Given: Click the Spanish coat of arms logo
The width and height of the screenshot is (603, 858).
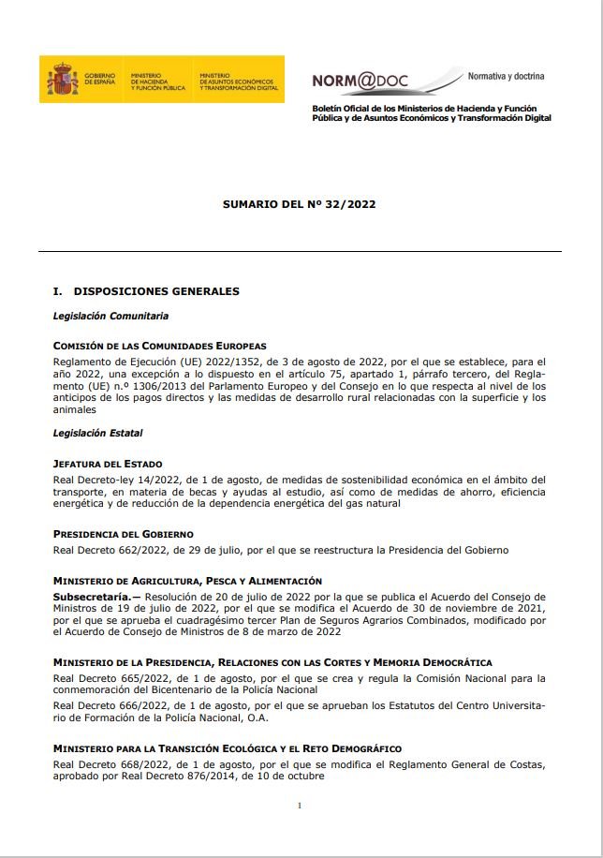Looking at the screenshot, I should [59, 80].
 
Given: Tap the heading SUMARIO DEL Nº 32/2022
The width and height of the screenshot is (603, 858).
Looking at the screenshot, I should [299, 202].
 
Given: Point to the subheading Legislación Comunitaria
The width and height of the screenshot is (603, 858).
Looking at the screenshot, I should [110, 317].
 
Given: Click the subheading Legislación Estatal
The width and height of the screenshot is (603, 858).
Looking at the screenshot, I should [97, 434].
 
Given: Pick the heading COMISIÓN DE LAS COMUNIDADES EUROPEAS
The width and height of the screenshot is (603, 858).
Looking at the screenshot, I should [159, 346].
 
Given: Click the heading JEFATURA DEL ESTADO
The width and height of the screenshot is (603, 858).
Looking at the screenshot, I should [108, 464].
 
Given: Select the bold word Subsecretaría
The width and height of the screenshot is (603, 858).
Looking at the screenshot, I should [92, 596].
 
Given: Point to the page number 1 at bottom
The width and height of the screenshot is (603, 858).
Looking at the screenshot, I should [299, 806].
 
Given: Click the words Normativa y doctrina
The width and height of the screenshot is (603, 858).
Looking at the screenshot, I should [506, 76].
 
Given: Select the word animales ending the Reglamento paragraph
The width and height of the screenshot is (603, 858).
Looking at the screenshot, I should [75, 408].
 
